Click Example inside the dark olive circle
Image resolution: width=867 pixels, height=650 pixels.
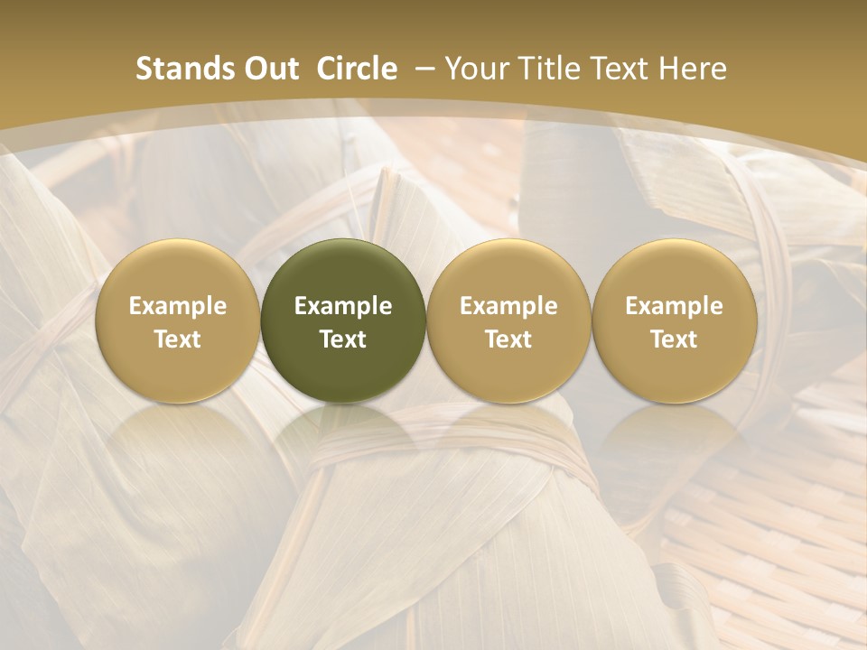tap(343, 306)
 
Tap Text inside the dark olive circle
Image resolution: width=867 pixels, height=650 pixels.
tap(343, 339)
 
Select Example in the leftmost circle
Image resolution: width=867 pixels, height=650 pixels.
tap(177, 306)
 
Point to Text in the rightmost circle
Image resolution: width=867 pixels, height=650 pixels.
tap(674, 339)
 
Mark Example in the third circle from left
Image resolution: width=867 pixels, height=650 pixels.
tap(508, 306)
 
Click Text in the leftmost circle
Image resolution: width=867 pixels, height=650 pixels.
tap(177, 339)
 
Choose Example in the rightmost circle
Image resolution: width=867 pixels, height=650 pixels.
tap(674, 306)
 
